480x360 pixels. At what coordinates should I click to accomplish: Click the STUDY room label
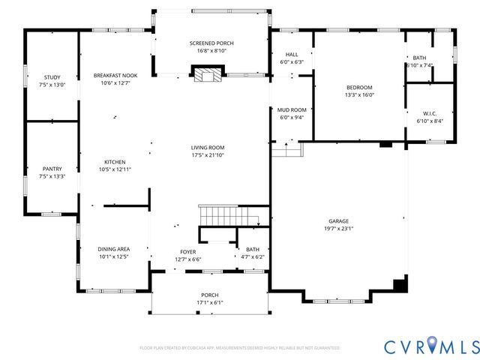(x=52, y=77)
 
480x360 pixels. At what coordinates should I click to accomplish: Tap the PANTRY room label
(x=52, y=169)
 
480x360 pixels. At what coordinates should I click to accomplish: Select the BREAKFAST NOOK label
(x=115, y=76)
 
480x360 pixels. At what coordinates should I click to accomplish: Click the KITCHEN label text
(x=115, y=162)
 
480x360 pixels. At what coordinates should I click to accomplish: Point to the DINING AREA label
(x=114, y=249)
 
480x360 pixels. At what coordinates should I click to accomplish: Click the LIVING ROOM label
(x=208, y=148)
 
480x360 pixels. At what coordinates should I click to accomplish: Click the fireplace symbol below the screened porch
(x=208, y=74)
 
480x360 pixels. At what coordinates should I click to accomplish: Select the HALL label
(x=291, y=55)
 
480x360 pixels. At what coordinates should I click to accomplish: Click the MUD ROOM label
(x=291, y=109)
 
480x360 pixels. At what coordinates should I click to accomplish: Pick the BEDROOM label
(x=358, y=87)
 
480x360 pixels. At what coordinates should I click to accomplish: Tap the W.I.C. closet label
(x=429, y=114)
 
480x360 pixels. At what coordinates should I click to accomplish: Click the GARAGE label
(x=338, y=220)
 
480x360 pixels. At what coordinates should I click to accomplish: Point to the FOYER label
(x=187, y=251)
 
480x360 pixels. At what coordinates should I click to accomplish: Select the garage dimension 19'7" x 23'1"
(x=338, y=229)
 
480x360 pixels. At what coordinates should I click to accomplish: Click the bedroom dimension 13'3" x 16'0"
(x=358, y=95)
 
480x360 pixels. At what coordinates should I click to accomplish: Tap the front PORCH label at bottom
(x=209, y=295)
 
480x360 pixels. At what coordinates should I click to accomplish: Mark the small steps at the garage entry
(x=287, y=151)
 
